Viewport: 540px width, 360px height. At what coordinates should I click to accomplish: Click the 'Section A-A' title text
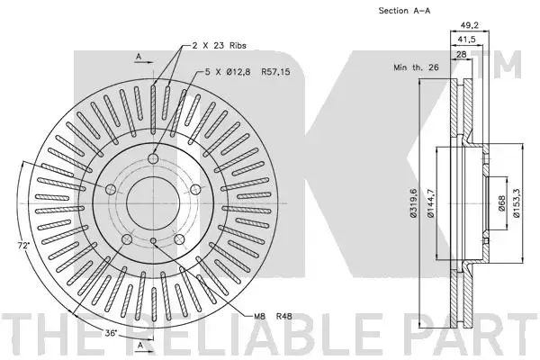404,11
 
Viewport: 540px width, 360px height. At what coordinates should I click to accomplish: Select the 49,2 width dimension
470,25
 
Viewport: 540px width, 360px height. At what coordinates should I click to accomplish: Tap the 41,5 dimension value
466,40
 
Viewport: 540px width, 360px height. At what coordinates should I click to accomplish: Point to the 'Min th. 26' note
416,67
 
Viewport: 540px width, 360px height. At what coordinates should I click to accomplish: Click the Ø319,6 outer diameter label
413,203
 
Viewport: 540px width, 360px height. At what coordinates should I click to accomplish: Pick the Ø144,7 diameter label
430,203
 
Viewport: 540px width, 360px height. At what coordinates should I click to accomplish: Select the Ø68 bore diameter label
501,203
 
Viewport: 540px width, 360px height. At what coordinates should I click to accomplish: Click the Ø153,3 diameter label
516,203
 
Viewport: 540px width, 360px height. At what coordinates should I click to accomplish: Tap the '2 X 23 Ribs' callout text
219,45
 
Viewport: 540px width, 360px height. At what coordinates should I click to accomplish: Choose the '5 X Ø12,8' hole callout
228,72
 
